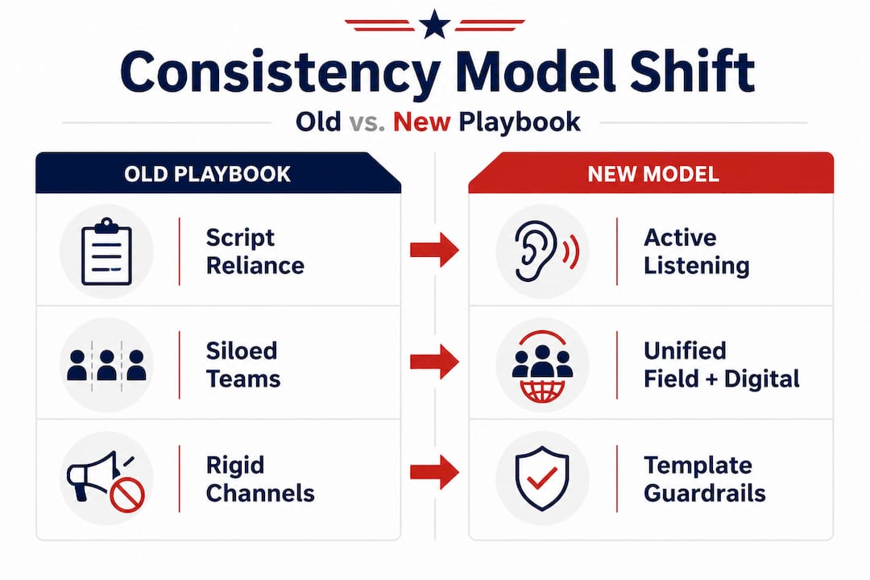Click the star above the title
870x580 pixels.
coord(434,25)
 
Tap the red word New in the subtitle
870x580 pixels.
coord(421,122)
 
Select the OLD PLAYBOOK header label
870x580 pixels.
coord(207,174)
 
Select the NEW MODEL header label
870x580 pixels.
coord(653,174)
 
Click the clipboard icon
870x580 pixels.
coord(106,252)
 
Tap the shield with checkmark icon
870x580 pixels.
coord(542,478)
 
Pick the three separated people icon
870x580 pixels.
coord(106,364)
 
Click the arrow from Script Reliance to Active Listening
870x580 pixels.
coord(434,250)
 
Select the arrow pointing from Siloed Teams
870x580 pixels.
coord(434,362)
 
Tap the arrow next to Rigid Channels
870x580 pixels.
coord(434,472)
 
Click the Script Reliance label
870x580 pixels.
coord(255,251)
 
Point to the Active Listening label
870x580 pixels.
coord(696,251)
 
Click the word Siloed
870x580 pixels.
coord(242,350)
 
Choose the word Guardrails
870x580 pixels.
coord(705,493)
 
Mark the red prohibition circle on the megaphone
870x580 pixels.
coord(127,495)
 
